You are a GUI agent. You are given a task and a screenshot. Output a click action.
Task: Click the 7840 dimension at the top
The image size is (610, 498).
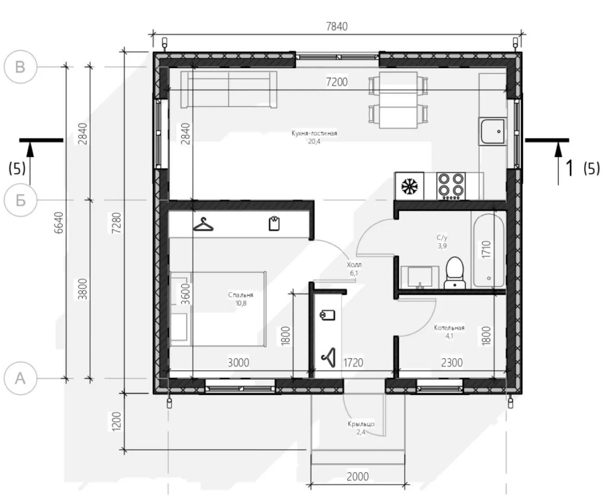pos(336,27)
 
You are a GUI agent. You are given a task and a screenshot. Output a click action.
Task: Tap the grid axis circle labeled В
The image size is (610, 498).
pos(20,67)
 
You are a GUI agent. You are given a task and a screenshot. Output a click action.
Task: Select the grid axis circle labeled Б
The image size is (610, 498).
pos(20,200)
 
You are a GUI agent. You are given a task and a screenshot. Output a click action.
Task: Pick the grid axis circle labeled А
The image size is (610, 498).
pos(20,378)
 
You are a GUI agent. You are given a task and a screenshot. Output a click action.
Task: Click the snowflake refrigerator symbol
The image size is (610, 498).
pos(409,186)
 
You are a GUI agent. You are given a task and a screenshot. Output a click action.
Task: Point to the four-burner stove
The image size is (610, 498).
pos(451,186)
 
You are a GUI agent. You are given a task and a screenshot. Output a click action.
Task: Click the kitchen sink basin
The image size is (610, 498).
pos(493,131)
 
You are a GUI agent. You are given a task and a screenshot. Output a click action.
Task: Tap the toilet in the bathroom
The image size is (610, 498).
pos(455,273)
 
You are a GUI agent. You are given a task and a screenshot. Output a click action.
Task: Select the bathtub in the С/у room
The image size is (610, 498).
pos(489,250)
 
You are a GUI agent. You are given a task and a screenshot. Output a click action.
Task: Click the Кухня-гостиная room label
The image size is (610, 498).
pos(314,133)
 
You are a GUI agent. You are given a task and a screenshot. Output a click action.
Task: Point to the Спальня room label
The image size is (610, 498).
pos(241,295)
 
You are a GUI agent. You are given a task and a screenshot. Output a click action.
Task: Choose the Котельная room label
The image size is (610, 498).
pos(449,328)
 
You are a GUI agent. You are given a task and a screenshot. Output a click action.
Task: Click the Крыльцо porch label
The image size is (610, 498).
pos(361,424)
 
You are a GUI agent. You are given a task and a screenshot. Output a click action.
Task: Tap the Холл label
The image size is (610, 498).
pos(354,265)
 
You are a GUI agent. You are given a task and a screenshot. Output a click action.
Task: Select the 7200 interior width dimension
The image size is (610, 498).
pos(337,82)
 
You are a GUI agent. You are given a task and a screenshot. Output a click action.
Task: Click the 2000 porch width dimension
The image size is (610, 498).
pos(358,476)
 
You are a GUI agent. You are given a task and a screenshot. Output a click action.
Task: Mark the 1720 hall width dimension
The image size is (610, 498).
pos(353,362)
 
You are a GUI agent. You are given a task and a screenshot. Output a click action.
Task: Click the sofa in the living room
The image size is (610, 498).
pos(229,89)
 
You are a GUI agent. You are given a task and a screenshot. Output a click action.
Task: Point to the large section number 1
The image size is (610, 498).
pos(569,168)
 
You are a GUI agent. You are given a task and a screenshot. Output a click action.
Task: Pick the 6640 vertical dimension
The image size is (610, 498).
pos(59,223)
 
